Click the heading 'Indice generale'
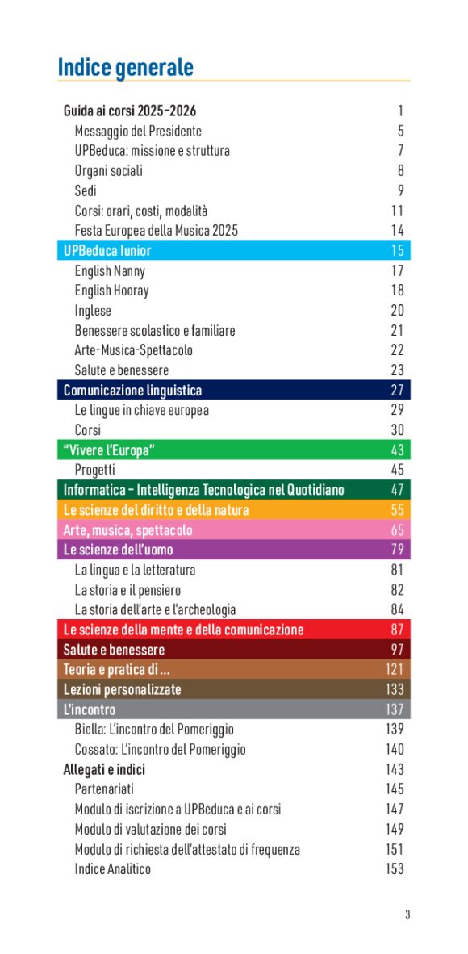(125, 67)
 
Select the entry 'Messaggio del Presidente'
(138, 131)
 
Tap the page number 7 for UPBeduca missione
(400, 151)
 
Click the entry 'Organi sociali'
(109, 170)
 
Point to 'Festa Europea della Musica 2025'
(157, 230)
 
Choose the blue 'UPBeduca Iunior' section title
(107, 250)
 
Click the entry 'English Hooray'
(112, 291)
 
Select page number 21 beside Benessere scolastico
(397, 331)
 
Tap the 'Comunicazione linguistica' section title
(133, 391)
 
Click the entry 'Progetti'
(95, 470)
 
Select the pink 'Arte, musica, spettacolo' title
(128, 530)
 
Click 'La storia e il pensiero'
(127, 590)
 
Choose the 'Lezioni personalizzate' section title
(123, 689)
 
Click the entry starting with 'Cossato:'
(161, 749)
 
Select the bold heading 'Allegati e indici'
(104, 769)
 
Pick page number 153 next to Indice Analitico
(395, 869)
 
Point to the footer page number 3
(407, 914)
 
